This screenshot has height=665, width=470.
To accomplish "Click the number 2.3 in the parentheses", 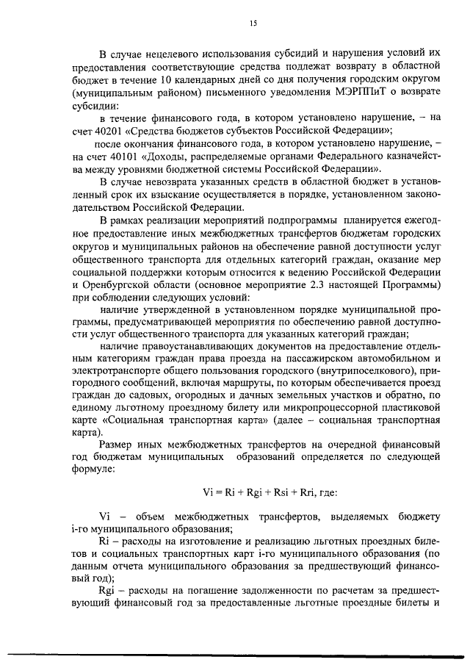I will tap(318, 278).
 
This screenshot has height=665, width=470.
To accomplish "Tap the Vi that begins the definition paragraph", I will tap(104, 517).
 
